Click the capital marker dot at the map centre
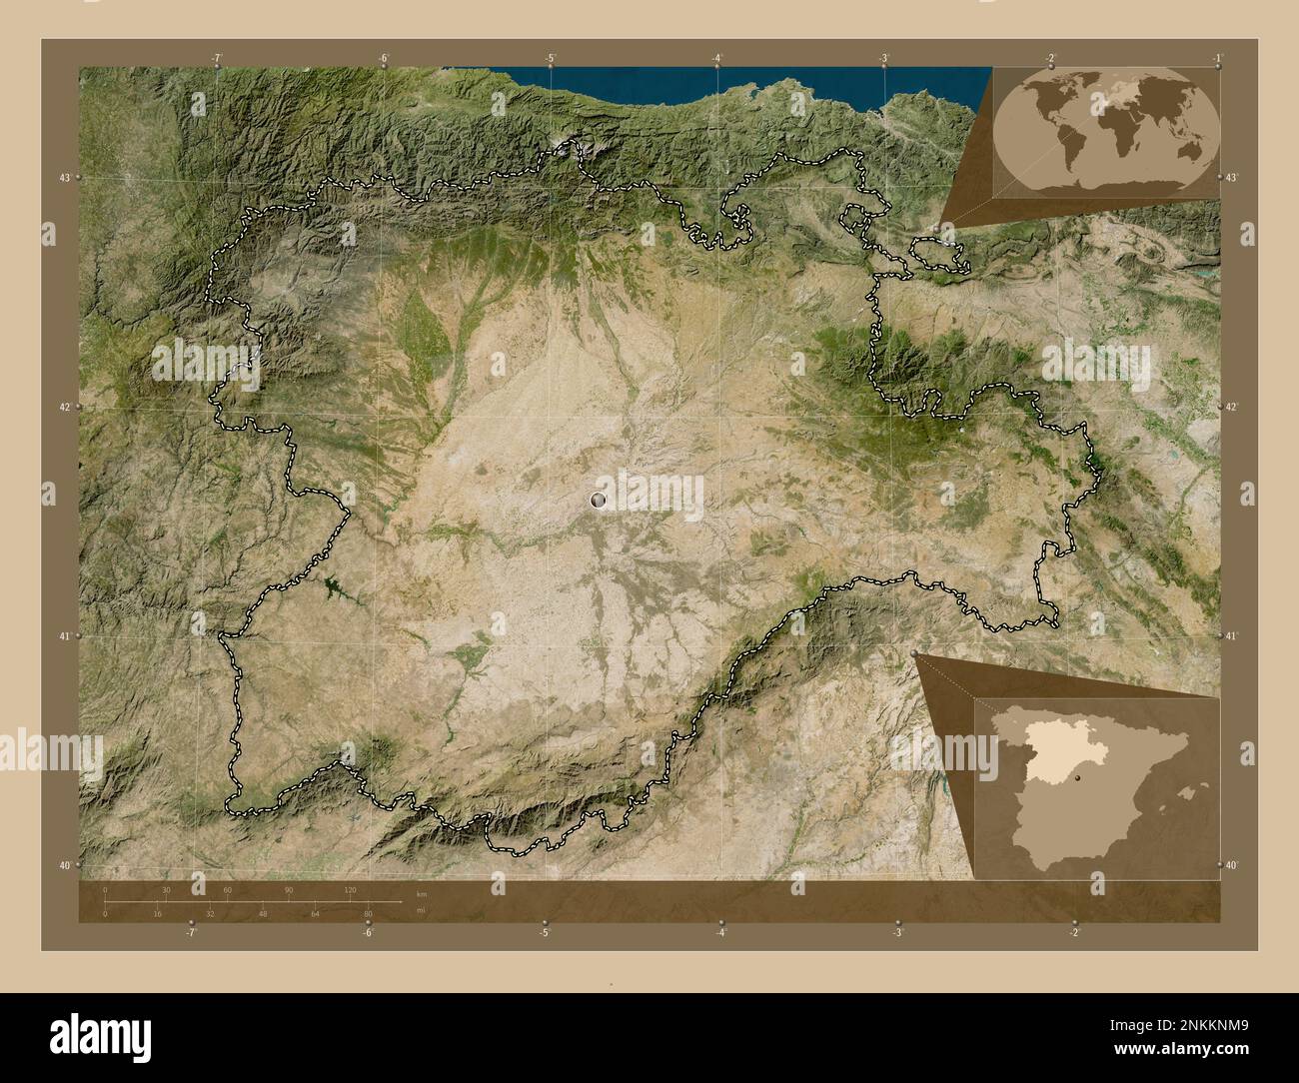pos(599,499)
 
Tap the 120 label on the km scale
pos(350,889)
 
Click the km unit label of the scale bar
pos(421,894)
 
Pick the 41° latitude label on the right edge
pos(1232,635)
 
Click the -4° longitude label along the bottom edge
pos(720,933)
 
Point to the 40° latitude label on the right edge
pos(1232,865)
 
